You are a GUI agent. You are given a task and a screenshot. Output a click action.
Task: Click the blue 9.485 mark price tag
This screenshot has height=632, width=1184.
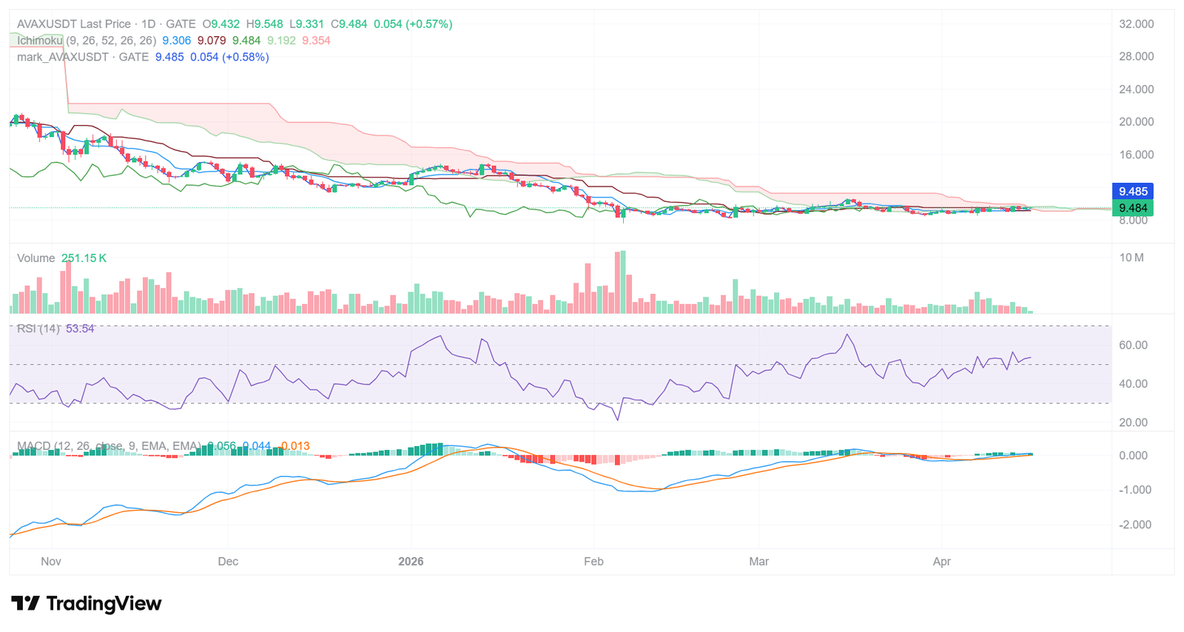pos(1132,192)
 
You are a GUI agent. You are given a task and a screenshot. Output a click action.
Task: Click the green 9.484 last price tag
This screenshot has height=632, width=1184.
pos(1132,208)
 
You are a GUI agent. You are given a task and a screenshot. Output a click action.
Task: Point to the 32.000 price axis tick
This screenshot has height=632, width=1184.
pos(1136,24)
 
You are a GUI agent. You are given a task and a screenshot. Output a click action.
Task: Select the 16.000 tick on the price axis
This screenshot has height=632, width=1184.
pos(1136,155)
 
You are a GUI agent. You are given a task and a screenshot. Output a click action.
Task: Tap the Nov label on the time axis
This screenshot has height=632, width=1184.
pos(51,562)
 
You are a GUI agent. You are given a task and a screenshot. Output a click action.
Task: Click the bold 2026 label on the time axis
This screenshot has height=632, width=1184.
pos(411,562)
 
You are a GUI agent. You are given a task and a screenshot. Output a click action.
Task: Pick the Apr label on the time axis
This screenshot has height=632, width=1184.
pos(941,562)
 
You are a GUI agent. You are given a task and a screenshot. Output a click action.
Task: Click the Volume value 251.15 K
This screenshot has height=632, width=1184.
pos(84,258)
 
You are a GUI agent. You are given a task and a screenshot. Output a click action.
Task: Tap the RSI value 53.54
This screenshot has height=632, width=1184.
pos(80,329)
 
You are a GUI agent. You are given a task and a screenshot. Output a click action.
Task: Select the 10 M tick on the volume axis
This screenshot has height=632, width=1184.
pos(1131,258)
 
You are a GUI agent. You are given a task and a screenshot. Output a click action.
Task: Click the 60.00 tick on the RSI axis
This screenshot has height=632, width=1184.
pos(1133,346)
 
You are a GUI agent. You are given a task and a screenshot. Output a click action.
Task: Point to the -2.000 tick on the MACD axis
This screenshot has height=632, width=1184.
pos(1133,525)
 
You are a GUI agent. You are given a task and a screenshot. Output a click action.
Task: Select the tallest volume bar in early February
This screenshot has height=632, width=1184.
pos(623,281)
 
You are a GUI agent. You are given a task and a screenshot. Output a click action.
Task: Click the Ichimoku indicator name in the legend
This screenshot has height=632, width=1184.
pos(40,41)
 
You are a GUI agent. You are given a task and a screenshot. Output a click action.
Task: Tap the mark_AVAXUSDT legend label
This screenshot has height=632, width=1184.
pos(62,57)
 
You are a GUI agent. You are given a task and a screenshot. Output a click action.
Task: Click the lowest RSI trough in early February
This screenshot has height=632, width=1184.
pos(617,420)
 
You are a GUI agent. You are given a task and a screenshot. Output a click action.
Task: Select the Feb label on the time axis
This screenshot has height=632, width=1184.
pos(593,562)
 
